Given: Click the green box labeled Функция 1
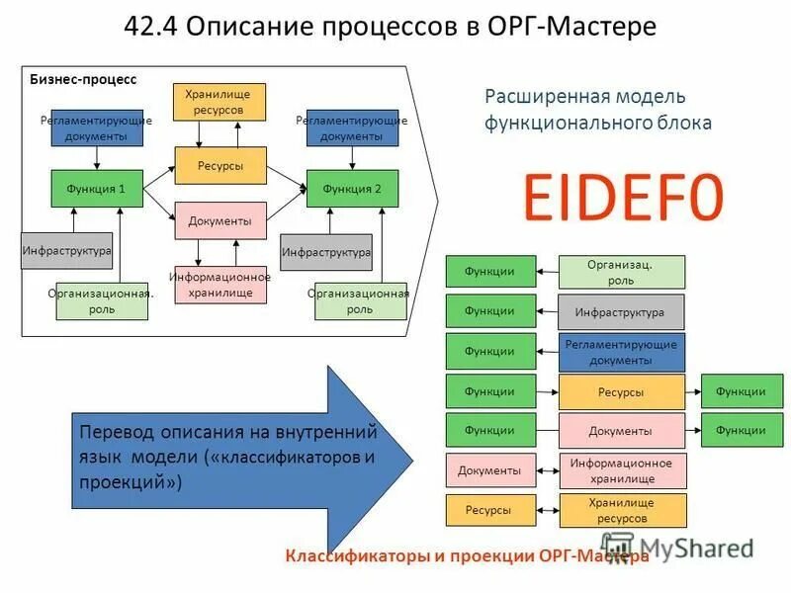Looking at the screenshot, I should [x=96, y=188].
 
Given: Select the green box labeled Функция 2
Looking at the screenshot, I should [x=352, y=188].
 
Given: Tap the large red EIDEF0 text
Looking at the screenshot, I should [x=623, y=198].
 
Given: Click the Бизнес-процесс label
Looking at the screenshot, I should [x=83, y=79].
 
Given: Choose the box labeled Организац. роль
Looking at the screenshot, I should [x=621, y=272].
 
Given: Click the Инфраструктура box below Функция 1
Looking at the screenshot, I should [x=66, y=251].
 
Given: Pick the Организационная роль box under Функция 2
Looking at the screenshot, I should [x=360, y=301].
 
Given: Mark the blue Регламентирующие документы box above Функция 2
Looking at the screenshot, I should [x=352, y=127].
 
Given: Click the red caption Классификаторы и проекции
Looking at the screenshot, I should [x=409, y=556].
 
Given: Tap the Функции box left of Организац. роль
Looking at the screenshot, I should [x=490, y=271].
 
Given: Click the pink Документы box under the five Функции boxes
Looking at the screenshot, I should [x=489, y=470].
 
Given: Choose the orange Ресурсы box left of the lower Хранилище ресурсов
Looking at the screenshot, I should [x=489, y=510].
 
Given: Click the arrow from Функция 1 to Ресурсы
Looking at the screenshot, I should [x=159, y=176].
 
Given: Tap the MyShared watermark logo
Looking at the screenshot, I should [x=682, y=547].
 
